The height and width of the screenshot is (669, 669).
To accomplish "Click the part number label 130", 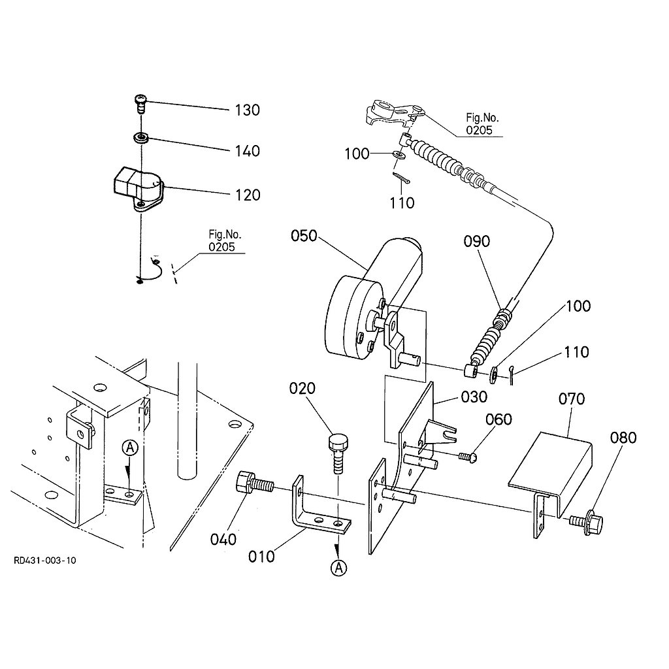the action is tap(248, 110).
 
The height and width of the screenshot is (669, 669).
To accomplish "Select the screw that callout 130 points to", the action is tap(140, 104).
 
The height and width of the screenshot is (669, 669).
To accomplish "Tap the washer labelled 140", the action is tap(141, 138).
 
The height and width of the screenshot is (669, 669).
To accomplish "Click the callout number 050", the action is tap(304, 235).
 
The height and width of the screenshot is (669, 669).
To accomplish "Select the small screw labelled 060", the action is tap(468, 457).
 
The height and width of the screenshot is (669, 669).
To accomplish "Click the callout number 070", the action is tap(571, 399).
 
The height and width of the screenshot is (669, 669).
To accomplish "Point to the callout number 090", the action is tap(476, 242).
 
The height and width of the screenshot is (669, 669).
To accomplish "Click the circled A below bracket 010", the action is tap(339, 568).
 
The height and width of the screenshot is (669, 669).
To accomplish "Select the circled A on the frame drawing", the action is tap(130, 448).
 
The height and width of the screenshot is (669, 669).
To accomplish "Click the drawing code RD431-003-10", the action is tap(45, 561).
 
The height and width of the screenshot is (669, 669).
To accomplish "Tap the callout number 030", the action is tap(474, 397).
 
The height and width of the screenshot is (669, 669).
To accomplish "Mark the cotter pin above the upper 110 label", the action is tap(401, 178).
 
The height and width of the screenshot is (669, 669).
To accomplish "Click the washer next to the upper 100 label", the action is tap(399, 154).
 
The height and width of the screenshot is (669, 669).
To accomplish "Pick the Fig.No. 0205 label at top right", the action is tap(481, 123).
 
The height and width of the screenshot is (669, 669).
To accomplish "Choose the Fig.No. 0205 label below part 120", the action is tap(225, 240).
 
